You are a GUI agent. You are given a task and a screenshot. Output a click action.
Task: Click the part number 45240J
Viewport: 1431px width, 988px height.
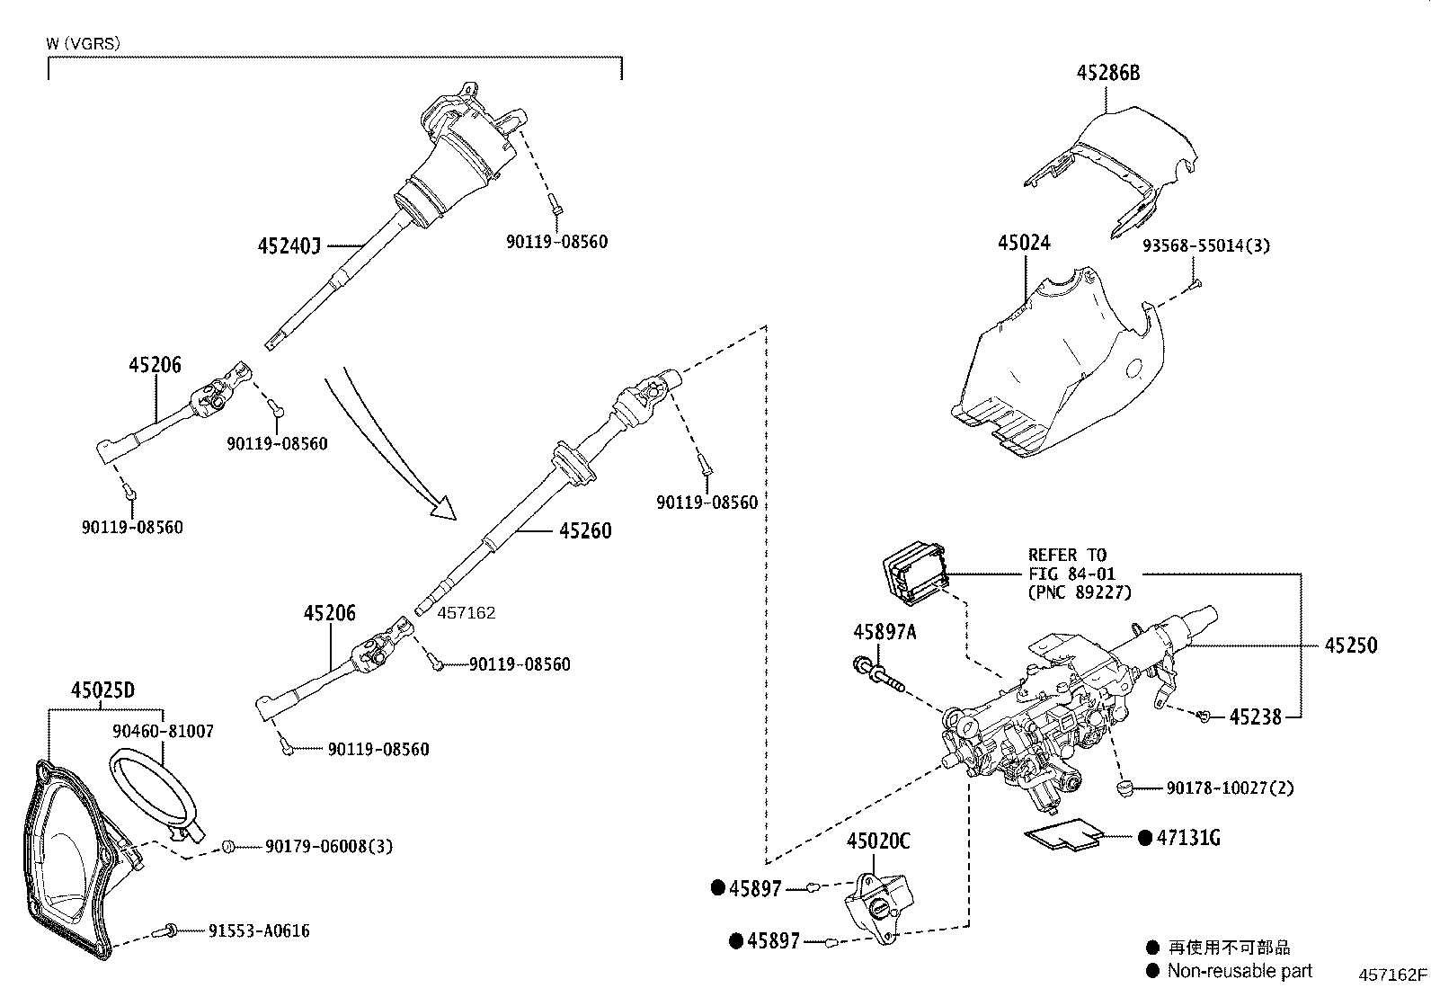(289, 245)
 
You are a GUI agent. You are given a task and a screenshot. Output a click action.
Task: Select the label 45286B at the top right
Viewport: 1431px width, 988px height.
(1108, 74)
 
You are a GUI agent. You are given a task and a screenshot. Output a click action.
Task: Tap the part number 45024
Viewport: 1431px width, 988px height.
(1024, 243)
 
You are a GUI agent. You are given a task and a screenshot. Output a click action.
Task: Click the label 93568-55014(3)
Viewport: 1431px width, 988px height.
(1206, 245)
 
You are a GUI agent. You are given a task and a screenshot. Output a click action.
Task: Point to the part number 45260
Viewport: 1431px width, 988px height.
(584, 530)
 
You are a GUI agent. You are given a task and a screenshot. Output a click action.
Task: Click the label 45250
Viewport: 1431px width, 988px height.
(1350, 645)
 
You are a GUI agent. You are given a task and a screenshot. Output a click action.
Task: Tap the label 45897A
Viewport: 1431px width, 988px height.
(884, 633)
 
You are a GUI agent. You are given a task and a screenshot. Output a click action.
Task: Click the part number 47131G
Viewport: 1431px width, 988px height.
(1188, 838)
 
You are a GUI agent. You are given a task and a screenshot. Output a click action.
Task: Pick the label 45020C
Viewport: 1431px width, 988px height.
(878, 841)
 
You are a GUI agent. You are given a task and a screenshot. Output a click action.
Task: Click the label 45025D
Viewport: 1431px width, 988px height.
(102, 690)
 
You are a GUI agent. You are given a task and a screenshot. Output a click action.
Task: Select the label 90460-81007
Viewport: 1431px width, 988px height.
(164, 732)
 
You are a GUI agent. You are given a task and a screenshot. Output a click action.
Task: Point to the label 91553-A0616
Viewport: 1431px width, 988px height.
(259, 931)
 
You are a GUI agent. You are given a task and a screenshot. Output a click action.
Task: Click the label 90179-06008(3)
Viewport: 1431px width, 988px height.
(329, 847)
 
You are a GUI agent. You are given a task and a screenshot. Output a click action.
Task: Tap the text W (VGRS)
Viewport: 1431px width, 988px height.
(84, 42)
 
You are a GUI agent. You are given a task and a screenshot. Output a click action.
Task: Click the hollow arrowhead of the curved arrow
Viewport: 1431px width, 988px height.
(442, 508)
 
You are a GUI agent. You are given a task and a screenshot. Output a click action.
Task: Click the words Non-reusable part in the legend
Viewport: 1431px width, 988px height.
(1240, 971)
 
